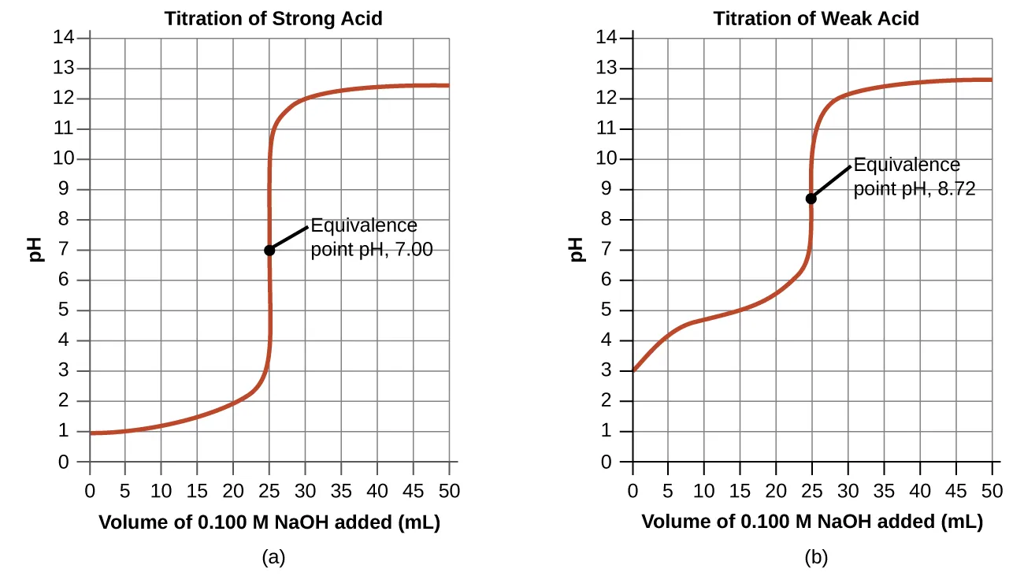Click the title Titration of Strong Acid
(273, 19)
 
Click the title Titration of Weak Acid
(816, 19)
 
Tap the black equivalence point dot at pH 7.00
(269, 250)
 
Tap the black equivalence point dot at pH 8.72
(811, 199)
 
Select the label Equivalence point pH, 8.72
(914, 177)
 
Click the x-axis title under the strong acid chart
(269, 522)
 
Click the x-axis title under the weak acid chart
(812, 522)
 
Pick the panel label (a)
(273, 559)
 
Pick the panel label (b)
(816, 559)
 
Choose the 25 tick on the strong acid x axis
(269, 491)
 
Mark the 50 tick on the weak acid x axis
(992, 491)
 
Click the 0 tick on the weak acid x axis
(633, 491)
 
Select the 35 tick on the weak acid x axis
(884, 491)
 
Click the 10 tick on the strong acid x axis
(161, 491)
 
